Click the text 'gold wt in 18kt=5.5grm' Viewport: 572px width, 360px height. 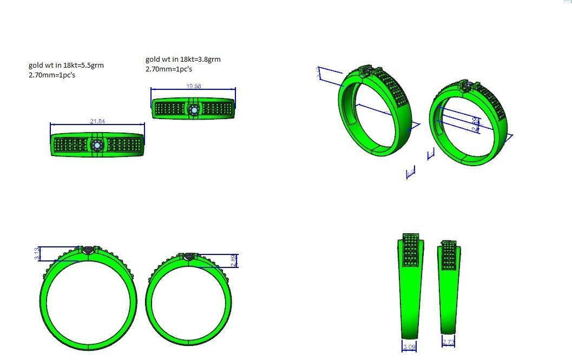pyautogui.click(x=66, y=65)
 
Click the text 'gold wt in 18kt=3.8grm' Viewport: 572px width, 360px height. pyautogui.click(x=183, y=59)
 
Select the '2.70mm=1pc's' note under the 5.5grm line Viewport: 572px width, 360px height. pyautogui.click(x=52, y=75)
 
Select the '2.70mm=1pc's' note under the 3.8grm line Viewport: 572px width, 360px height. pyautogui.click(x=169, y=69)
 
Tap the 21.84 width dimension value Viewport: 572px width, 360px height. pyautogui.click(x=97, y=121)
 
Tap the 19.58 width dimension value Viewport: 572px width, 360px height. pyautogui.click(x=194, y=86)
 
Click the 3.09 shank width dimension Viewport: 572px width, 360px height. pyautogui.click(x=410, y=345)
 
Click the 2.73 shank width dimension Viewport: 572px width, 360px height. pyautogui.click(x=448, y=342)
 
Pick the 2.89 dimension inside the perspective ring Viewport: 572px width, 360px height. pyautogui.click(x=475, y=124)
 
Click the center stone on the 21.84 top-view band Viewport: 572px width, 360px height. pyautogui.click(x=97, y=145)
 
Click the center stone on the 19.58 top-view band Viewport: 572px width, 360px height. pyautogui.click(x=194, y=110)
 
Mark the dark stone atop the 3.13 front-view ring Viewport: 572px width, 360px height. pyautogui.click(x=89, y=250)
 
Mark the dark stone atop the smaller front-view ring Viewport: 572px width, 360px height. pyautogui.click(x=189, y=256)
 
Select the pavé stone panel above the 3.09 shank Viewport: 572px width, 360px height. pyautogui.click(x=411, y=250)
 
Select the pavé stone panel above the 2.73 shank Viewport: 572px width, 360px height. pyautogui.click(x=449, y=254)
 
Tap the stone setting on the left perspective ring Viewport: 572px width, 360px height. pyautogui.click(x=367, y=71)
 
